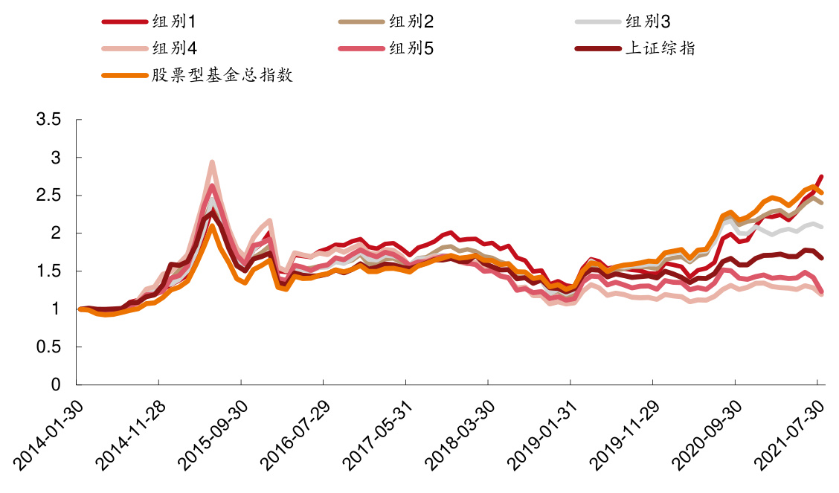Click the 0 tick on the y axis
[55, 385]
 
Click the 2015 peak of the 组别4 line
[212, 162]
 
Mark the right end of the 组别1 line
[820, 177]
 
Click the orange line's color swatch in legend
[123, 75]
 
